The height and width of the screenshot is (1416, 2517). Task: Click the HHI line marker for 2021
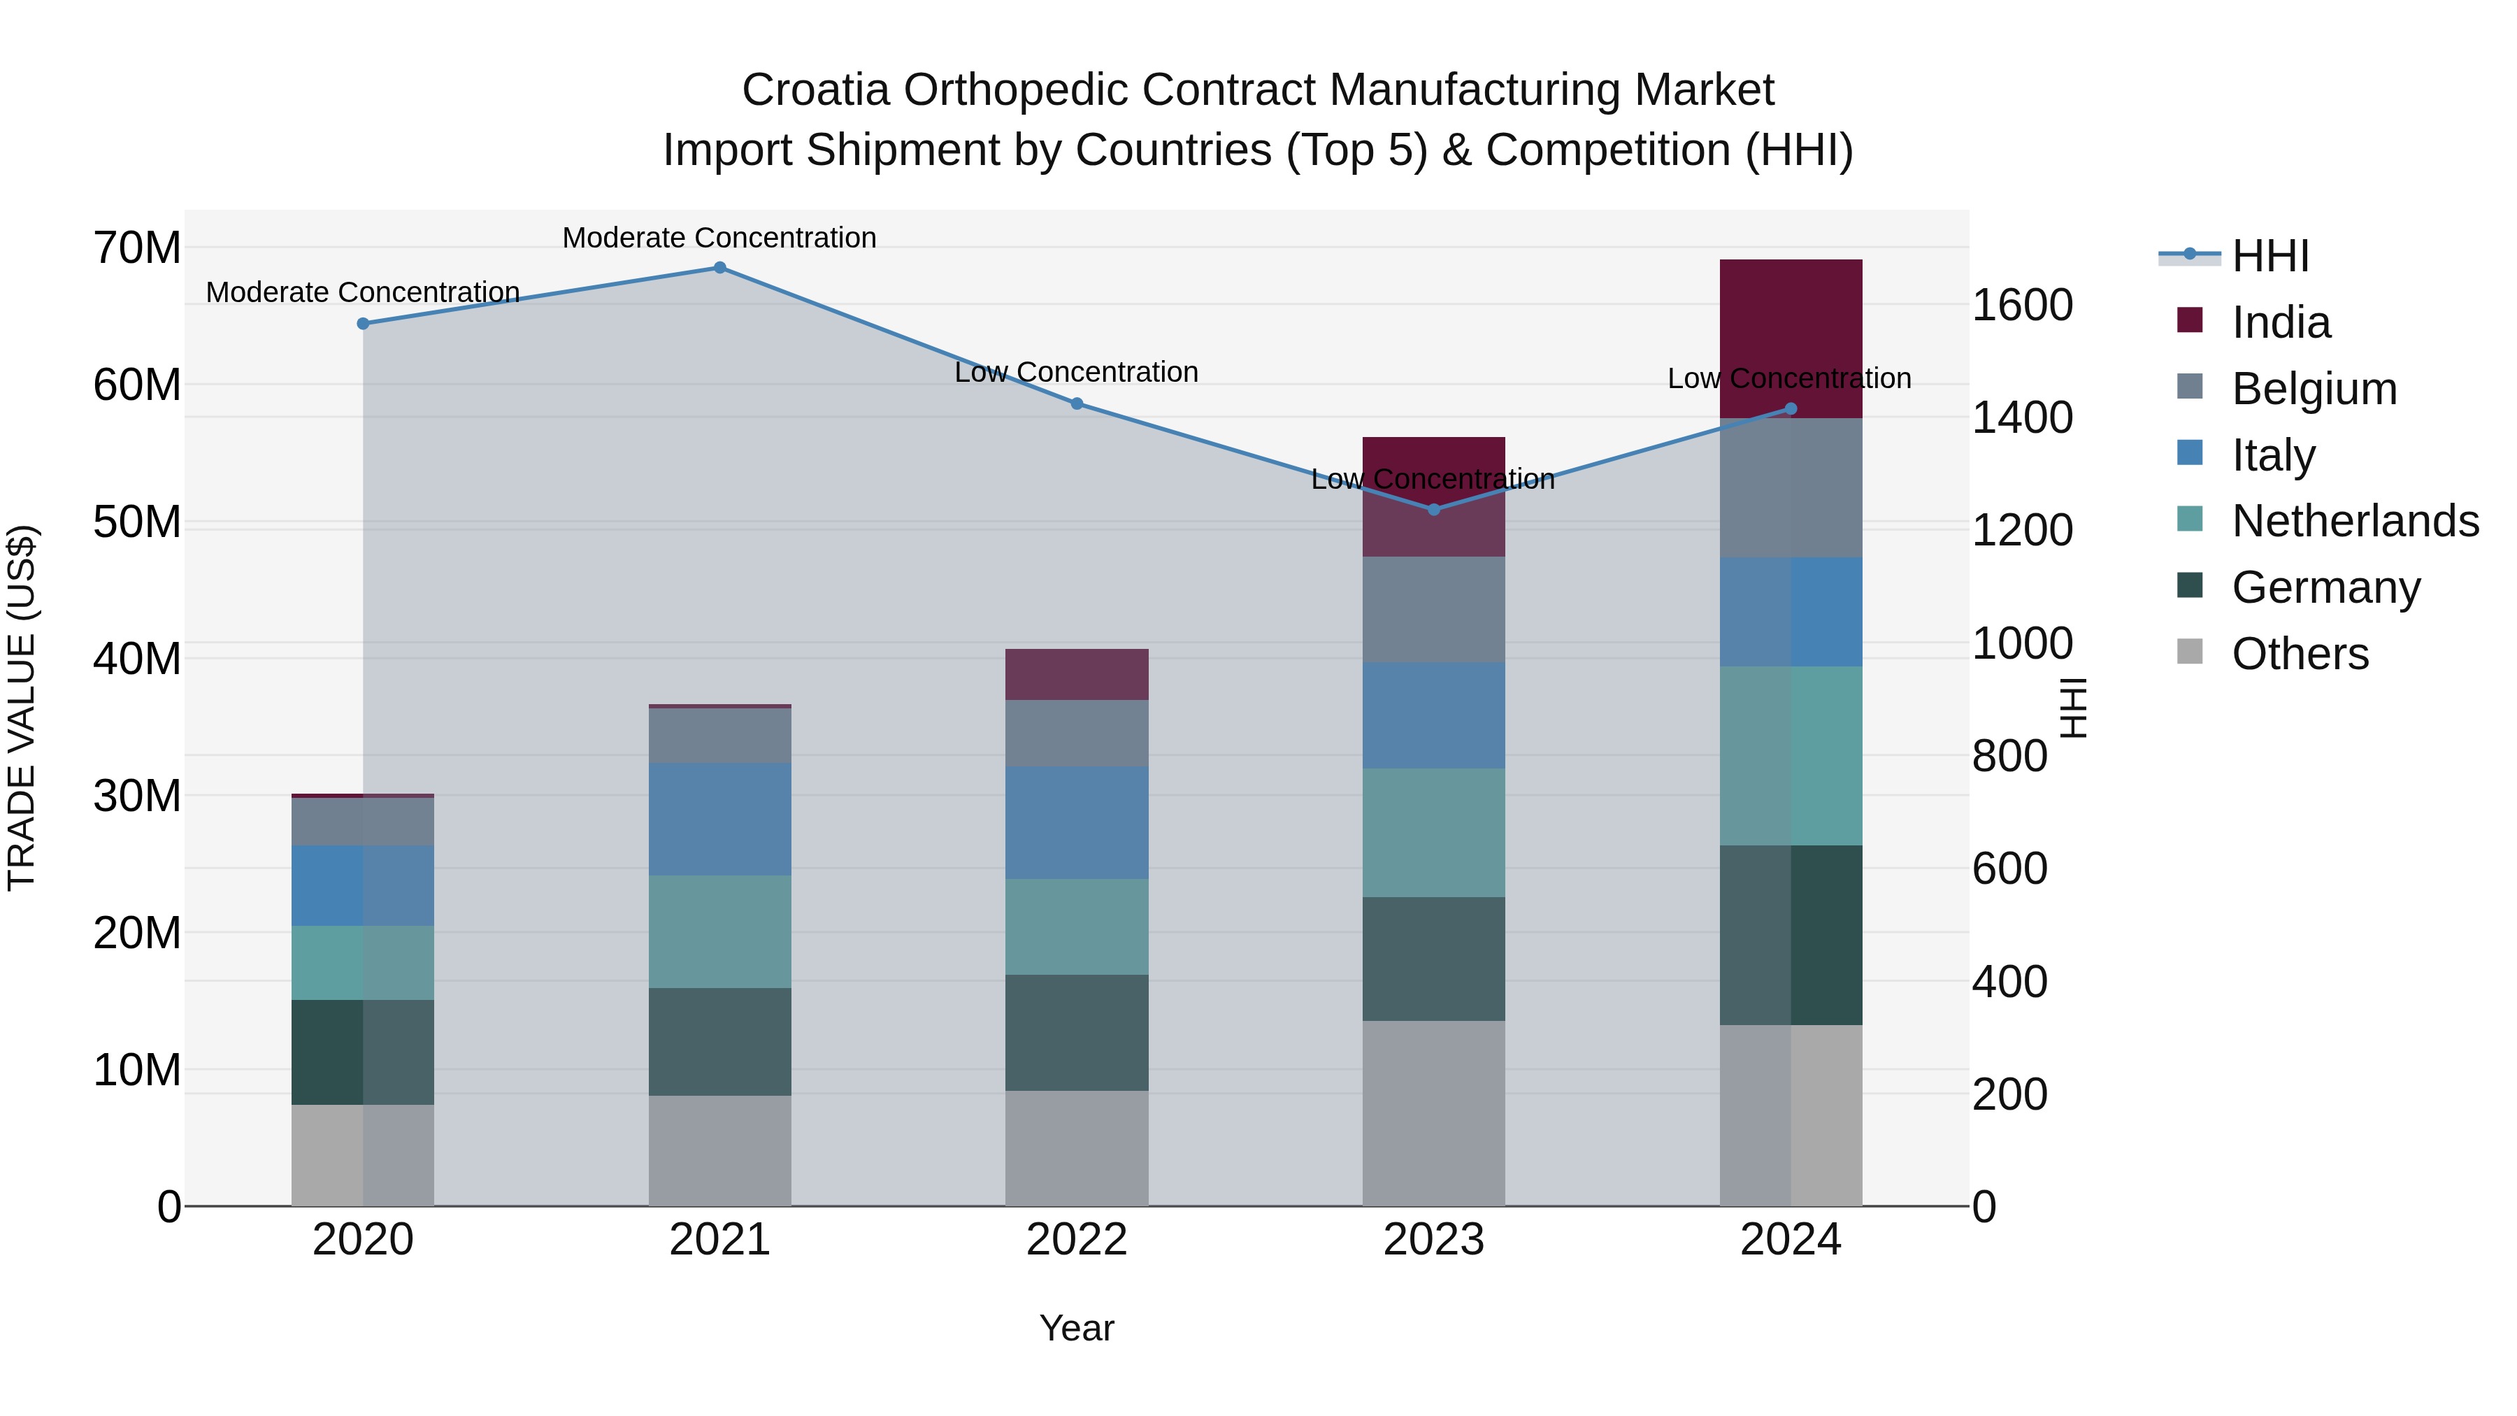[719, 268]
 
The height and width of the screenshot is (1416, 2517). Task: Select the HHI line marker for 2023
[1433, 509]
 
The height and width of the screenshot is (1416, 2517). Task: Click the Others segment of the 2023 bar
[1433, 1113]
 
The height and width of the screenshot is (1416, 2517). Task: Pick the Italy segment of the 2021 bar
[719, 819]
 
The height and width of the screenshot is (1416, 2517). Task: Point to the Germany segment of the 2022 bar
[1076, 1032]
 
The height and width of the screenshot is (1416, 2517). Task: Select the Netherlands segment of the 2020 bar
[362, 963]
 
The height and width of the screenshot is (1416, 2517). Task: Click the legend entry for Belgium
[2314, 389]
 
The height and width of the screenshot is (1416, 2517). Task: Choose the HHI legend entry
[2269, 256]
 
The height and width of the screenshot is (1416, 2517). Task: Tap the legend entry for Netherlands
[2355, 521]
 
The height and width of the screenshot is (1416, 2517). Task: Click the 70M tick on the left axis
[137, 248]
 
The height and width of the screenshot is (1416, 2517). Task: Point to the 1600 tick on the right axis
[2021, 305]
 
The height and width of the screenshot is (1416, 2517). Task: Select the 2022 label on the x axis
[1076, 1240]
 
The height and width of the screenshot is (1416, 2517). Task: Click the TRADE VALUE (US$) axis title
[22, 708]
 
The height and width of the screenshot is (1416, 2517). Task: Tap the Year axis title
[1076, 1328]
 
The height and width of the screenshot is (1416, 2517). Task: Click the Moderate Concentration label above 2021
[719, 238]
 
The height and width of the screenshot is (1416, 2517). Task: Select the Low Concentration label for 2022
[1076, 372]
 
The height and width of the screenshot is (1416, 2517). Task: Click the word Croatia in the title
[815, 90]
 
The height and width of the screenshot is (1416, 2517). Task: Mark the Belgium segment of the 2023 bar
[1433, 609]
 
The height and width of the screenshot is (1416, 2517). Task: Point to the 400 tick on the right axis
[2009, 981]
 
